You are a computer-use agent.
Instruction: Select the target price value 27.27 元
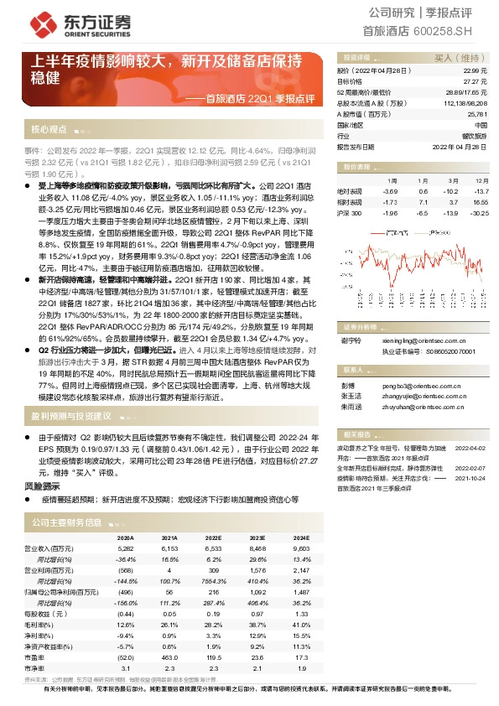pyautogui.click(x=476, y=82)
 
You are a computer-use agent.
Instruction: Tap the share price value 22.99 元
pyautogui.click(x=476, y=72)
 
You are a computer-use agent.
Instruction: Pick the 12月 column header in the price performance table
pyautogui.click(x=478, y=180)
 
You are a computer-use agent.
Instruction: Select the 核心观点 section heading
pyautogui.click(x=49, y=130)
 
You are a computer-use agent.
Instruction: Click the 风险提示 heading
pyautogui.click(x=42, y=485)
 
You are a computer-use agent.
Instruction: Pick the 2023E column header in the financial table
pyautogui.click(x=253, y=538)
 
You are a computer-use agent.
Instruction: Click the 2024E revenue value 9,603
pyautogui.click(x=299, y=549)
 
